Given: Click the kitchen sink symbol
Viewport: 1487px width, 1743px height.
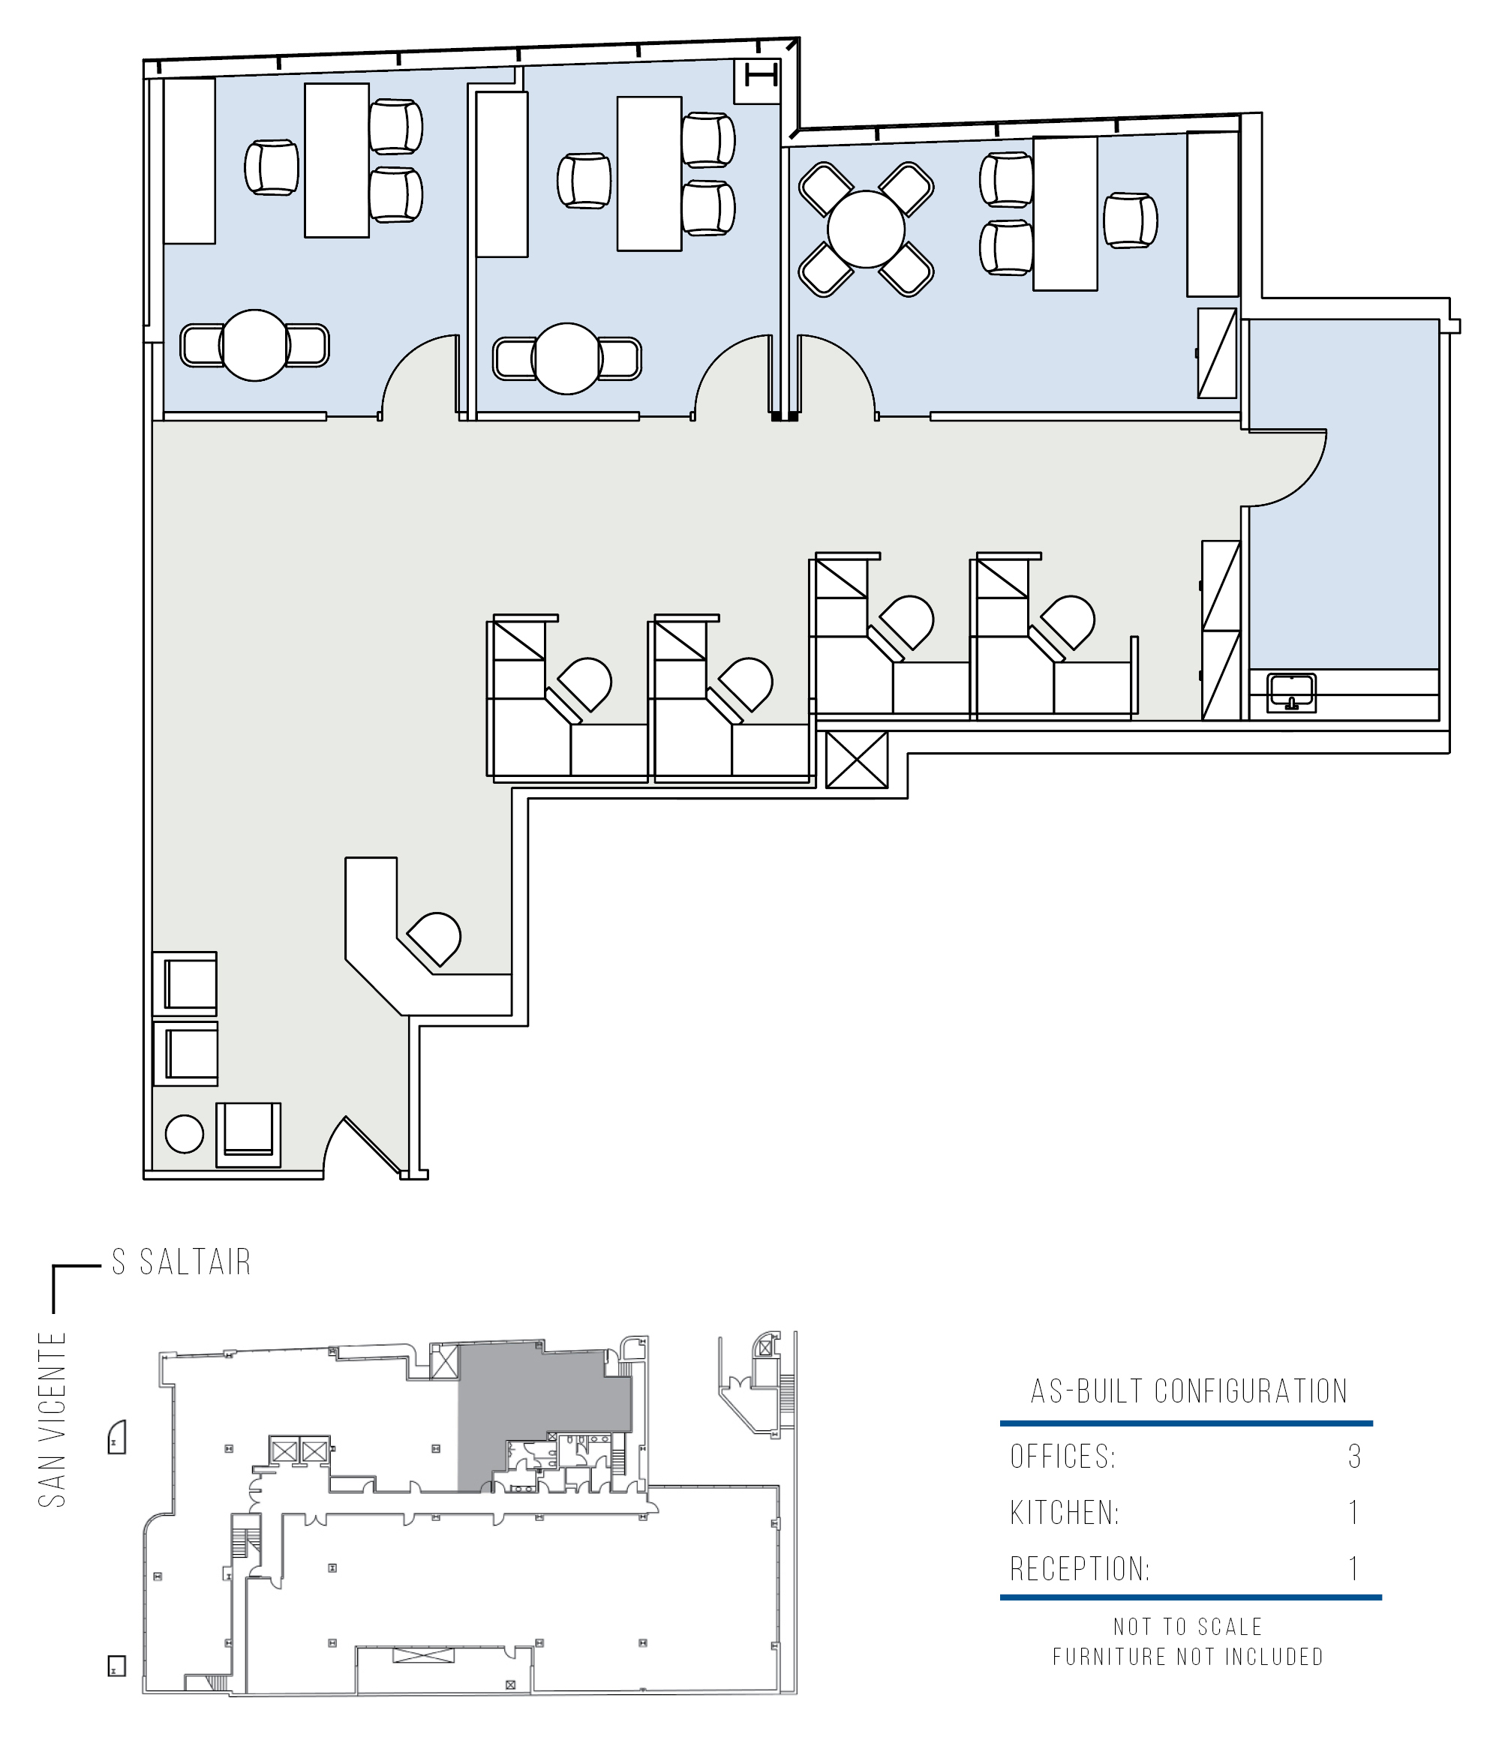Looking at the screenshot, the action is (x=1291, y=692).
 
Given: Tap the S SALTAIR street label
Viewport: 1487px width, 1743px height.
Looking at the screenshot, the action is (x=182, y=1261).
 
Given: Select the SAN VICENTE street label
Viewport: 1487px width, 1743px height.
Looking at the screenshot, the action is (x=53, y=1419).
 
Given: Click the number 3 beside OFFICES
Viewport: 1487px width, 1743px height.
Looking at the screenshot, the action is (x=1354, y=1456).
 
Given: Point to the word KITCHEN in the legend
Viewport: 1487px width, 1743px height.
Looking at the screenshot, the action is (x=1065, y=1513).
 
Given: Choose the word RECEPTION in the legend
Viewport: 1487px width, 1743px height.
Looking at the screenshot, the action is (x=1080, y=1569).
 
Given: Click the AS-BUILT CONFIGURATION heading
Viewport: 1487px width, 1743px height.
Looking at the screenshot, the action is (x=1189, y=1391).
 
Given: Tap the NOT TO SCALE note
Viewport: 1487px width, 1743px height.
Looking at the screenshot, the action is (x=1188, y=1627).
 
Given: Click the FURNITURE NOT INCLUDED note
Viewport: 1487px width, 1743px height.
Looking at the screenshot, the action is (x=1188, y=1657).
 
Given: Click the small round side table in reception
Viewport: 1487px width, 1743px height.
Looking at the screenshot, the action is (x=185, y=1134).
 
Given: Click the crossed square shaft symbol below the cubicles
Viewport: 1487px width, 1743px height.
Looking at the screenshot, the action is (x=857, y=760).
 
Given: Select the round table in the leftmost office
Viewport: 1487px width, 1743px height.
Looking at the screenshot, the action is (x=254, y=345).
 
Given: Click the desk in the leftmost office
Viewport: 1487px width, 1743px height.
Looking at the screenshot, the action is (x=337, y=160).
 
